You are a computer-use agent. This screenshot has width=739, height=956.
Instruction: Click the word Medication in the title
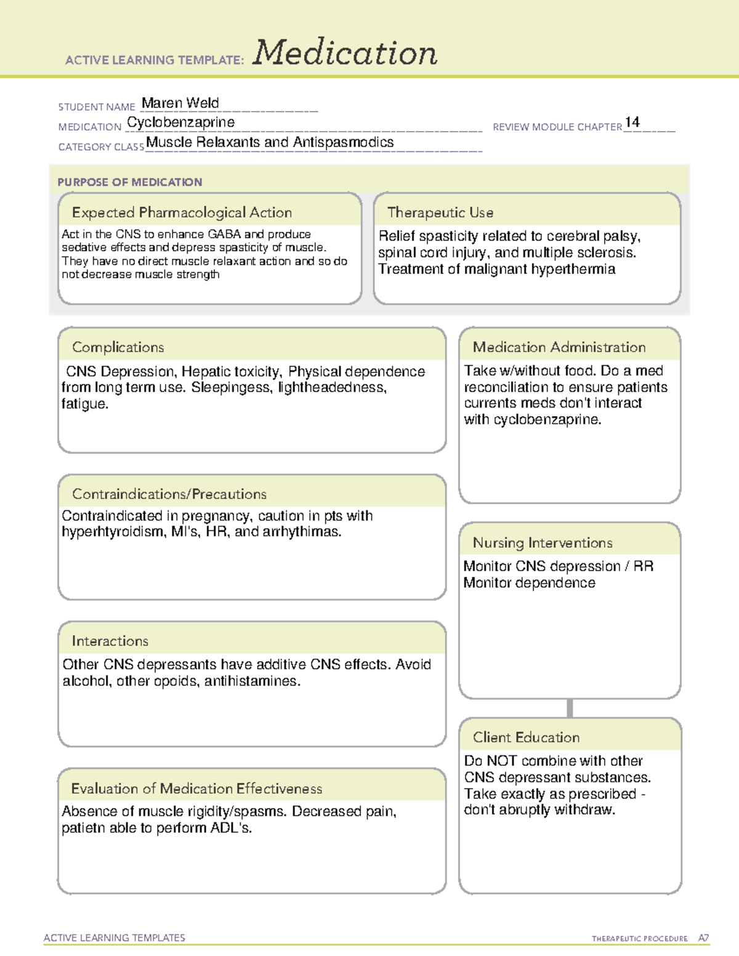344,53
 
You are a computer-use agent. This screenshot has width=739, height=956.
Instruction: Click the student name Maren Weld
180,103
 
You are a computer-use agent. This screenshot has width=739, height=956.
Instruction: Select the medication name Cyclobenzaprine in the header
180,123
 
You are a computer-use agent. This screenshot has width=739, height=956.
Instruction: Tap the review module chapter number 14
632,122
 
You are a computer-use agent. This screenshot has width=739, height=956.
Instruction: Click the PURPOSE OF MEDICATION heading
129,182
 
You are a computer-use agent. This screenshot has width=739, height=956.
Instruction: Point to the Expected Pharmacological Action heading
182,212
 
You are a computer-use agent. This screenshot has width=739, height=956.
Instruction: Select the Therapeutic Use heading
440,212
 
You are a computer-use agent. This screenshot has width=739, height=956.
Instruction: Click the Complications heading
118,347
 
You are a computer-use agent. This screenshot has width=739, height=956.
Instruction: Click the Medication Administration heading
559,347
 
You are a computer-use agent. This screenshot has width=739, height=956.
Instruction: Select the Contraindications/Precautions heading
169,494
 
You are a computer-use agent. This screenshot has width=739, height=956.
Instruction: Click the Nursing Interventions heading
542,543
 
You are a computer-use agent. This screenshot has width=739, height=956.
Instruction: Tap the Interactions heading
110,641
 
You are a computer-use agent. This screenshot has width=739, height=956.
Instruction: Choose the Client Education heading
526,737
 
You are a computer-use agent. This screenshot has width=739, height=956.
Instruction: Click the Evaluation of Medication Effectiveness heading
196,789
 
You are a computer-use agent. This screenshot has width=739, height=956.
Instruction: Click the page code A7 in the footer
703,938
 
